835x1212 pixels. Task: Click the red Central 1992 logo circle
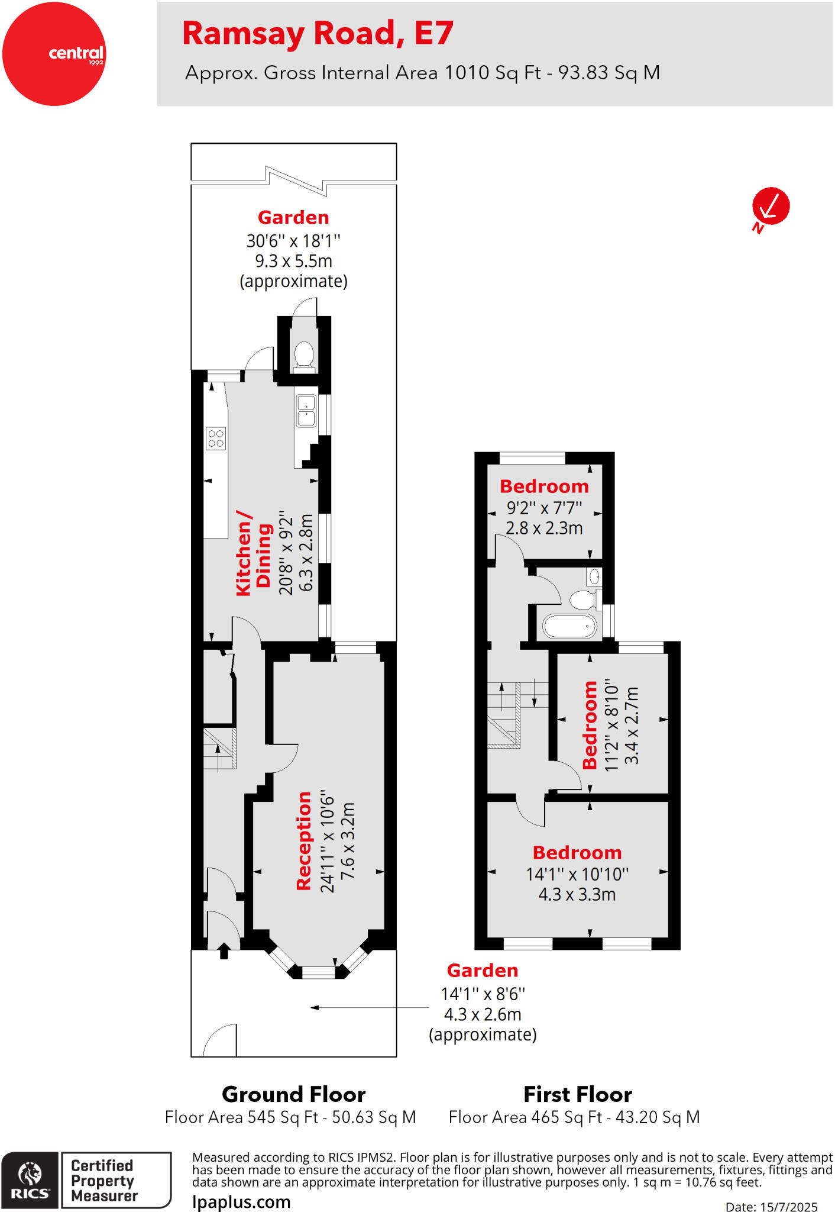pyautogui.click(x=54, y=54)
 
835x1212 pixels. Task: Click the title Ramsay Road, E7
pyautogui.click(x=318, y=33)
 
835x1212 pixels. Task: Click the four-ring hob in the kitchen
pyautogui.click(x=216, y=439)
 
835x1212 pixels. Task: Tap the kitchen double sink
pyautogui.click(x=306, y=411)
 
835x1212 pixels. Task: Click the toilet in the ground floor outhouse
pyautogui.click(x=304, y=355)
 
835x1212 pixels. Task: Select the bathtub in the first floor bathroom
pyautogui.click(x=569, y=627)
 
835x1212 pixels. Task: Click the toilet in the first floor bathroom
pyautogui.click(x=583, y=600)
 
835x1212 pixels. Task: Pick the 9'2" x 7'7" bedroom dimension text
pyautogui.click(x=544, y=508)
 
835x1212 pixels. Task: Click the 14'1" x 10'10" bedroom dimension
pyautogui.click(x=577, y=874)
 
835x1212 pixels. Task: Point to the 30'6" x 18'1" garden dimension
pyautogui.click(x=293, y=241)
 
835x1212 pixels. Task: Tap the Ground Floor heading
pyautogui.click(x=293, y=1094)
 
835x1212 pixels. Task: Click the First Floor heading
pyautogui.click(x=578, y=1094)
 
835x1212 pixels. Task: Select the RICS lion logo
pyautogui.click(x=30, y=1180)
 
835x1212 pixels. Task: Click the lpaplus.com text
pyautogui.click(x=241, y=1202)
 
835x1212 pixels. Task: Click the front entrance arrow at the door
pyautogui.click(x=224, y=950)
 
